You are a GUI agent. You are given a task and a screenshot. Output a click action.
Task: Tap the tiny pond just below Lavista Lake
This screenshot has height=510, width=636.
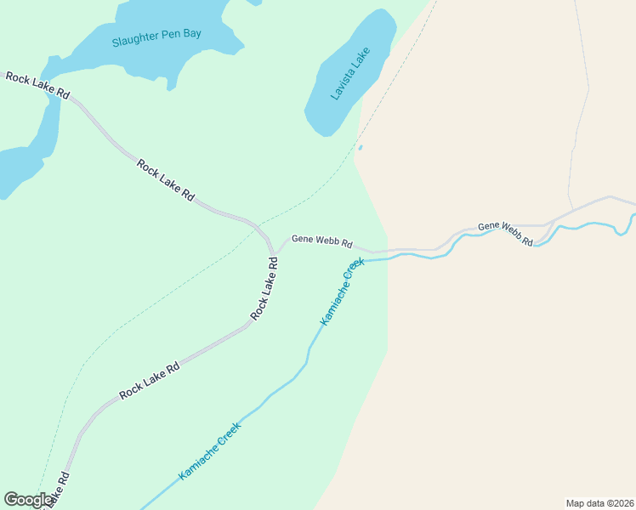(361, 148)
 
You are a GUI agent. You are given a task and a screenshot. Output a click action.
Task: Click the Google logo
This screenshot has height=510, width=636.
(28, 500)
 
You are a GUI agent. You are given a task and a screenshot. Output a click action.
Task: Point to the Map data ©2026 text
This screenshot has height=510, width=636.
(599, 503)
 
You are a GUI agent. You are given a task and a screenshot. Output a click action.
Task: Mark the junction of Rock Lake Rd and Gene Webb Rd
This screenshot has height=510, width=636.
(275, 252)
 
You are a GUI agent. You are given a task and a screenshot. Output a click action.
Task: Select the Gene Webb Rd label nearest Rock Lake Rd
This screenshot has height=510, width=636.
(321, 241)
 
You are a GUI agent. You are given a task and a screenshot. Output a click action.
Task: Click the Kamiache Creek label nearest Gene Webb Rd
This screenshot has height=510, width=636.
(342, 292)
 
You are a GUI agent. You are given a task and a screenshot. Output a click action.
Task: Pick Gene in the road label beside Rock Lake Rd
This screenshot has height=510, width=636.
(303, 239)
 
